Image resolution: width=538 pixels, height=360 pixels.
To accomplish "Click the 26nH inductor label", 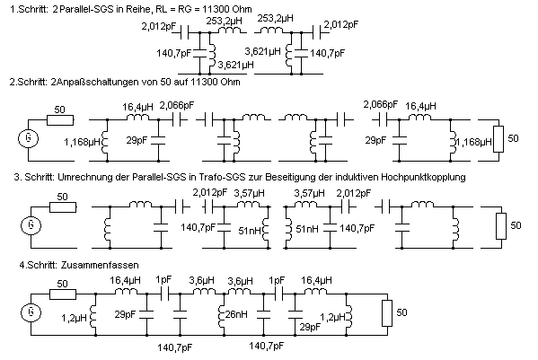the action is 236,313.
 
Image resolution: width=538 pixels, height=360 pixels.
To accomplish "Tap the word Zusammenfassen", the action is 100,265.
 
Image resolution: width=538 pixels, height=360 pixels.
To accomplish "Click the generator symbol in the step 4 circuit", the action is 31,312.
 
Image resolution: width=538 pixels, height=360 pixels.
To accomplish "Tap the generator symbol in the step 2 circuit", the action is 28,138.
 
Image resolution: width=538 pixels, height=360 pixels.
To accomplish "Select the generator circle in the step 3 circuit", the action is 31,225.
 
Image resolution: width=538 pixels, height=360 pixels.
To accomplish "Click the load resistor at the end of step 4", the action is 387,313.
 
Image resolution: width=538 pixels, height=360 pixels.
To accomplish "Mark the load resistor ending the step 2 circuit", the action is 498,139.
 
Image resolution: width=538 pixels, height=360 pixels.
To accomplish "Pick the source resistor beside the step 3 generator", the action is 63,207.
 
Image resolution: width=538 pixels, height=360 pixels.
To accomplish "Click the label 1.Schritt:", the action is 29,9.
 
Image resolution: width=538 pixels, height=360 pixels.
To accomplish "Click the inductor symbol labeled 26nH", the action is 221,313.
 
